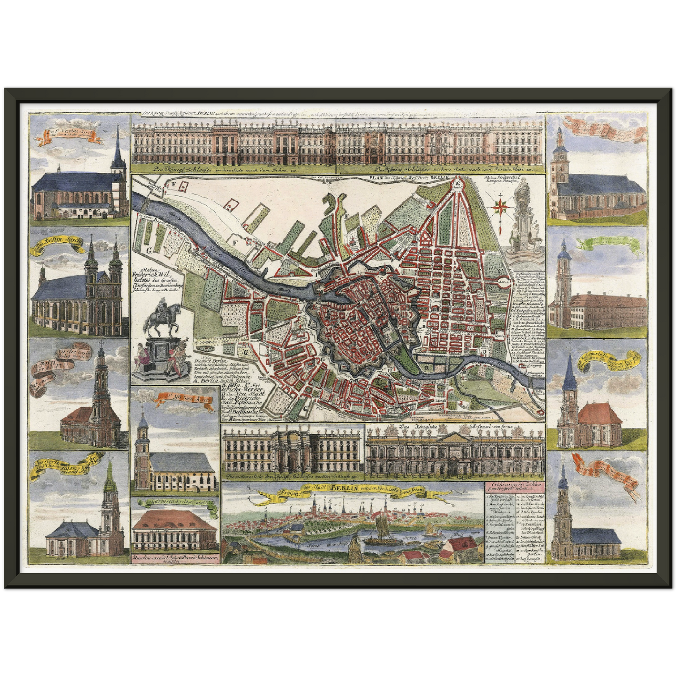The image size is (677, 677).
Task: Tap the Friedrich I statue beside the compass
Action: point(521,220)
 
